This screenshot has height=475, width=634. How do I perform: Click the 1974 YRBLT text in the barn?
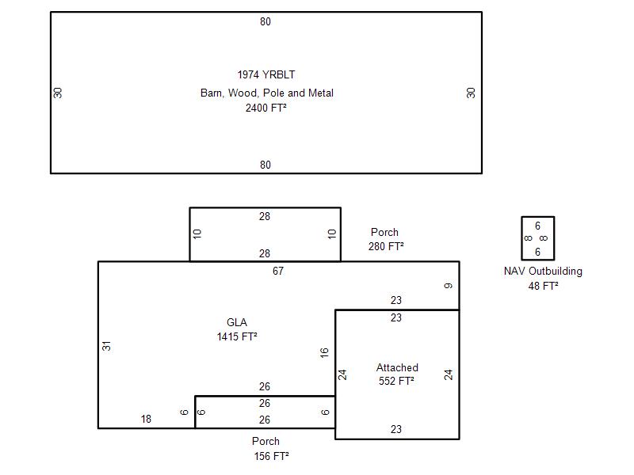266,74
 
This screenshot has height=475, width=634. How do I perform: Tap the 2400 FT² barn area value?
266,108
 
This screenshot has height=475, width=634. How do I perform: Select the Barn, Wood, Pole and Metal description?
267,93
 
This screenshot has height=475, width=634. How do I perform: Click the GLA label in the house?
237,322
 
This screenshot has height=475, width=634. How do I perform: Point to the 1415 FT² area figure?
237,336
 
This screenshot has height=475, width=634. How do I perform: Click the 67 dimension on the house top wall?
278,271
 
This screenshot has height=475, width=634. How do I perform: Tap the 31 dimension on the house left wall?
106,346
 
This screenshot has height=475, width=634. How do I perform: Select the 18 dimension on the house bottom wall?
146,419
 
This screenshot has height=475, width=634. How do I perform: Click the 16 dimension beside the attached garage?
324,352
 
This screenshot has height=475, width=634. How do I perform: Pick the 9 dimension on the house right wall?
448,286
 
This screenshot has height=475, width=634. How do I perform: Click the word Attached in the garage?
397,367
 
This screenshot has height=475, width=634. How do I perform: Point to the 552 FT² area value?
397,381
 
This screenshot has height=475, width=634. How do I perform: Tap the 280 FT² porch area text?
386,246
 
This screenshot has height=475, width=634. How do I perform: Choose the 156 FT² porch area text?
271,456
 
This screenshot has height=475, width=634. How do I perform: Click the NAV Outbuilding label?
543,271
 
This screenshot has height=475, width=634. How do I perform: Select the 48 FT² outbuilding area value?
543,286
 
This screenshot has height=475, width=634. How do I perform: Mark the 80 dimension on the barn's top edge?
265,22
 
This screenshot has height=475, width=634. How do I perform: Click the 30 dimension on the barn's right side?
471,93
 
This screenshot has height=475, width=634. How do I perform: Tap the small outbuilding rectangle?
521,238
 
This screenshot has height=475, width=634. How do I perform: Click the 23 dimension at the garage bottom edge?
396,429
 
